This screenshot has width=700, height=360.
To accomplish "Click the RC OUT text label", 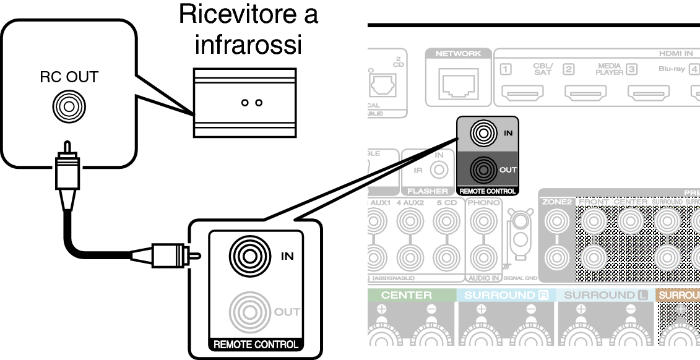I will point(69,77).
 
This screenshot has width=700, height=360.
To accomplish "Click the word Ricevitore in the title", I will point(248,14).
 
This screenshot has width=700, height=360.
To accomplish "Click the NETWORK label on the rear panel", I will point(458,54).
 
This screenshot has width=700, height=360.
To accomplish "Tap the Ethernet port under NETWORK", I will point(457,82).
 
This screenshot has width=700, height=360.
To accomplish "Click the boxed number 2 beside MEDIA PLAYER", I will point(568,69).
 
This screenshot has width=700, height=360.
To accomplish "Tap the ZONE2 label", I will point(557,202).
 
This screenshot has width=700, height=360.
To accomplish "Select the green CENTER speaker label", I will point(407,295).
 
